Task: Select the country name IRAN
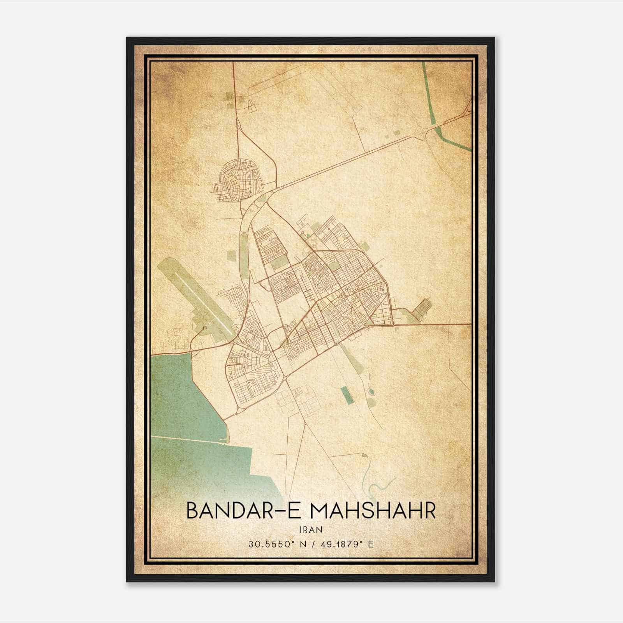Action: pyautogui.click(x=311, y=530)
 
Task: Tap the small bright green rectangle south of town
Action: pyautogui.click(x=345, y=394)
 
